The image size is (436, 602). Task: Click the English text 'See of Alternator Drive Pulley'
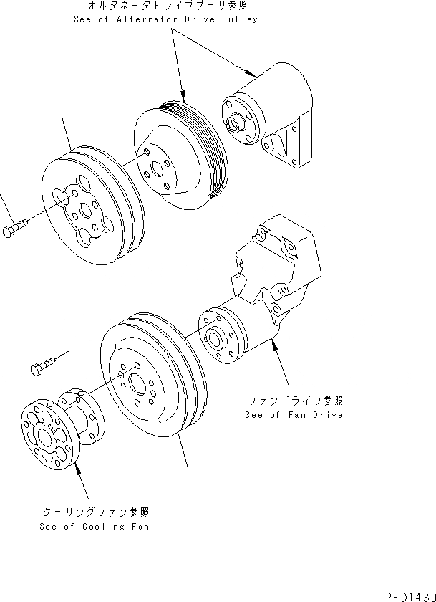(165, 19)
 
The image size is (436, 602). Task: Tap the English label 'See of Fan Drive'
(294, 415)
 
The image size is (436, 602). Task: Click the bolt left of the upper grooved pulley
(17, 231)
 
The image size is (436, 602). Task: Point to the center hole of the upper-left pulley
(85, 210)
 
